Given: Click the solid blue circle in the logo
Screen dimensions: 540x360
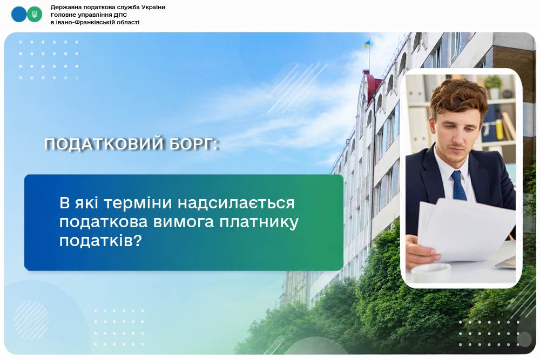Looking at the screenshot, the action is click(x=18, y=15).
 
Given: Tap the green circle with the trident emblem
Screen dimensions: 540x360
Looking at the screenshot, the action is click(x=35, y=15).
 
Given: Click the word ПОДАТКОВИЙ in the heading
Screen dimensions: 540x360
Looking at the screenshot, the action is click(x=104, y=144).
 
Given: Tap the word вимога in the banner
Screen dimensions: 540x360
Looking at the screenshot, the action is click(x=184, y=222).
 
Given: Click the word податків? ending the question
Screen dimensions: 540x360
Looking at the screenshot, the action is click(x=100, y=241).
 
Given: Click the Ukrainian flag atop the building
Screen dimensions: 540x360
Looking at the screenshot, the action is click(x=367, y=44).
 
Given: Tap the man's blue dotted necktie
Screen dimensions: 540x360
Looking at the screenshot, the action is click(x=458, y=186).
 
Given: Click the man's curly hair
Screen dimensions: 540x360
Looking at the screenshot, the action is click(x=458, y=97).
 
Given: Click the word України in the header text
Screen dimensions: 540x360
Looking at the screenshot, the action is click(x=153, y=7).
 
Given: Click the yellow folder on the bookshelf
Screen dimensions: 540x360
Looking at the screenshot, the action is click(x=499, y=127).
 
